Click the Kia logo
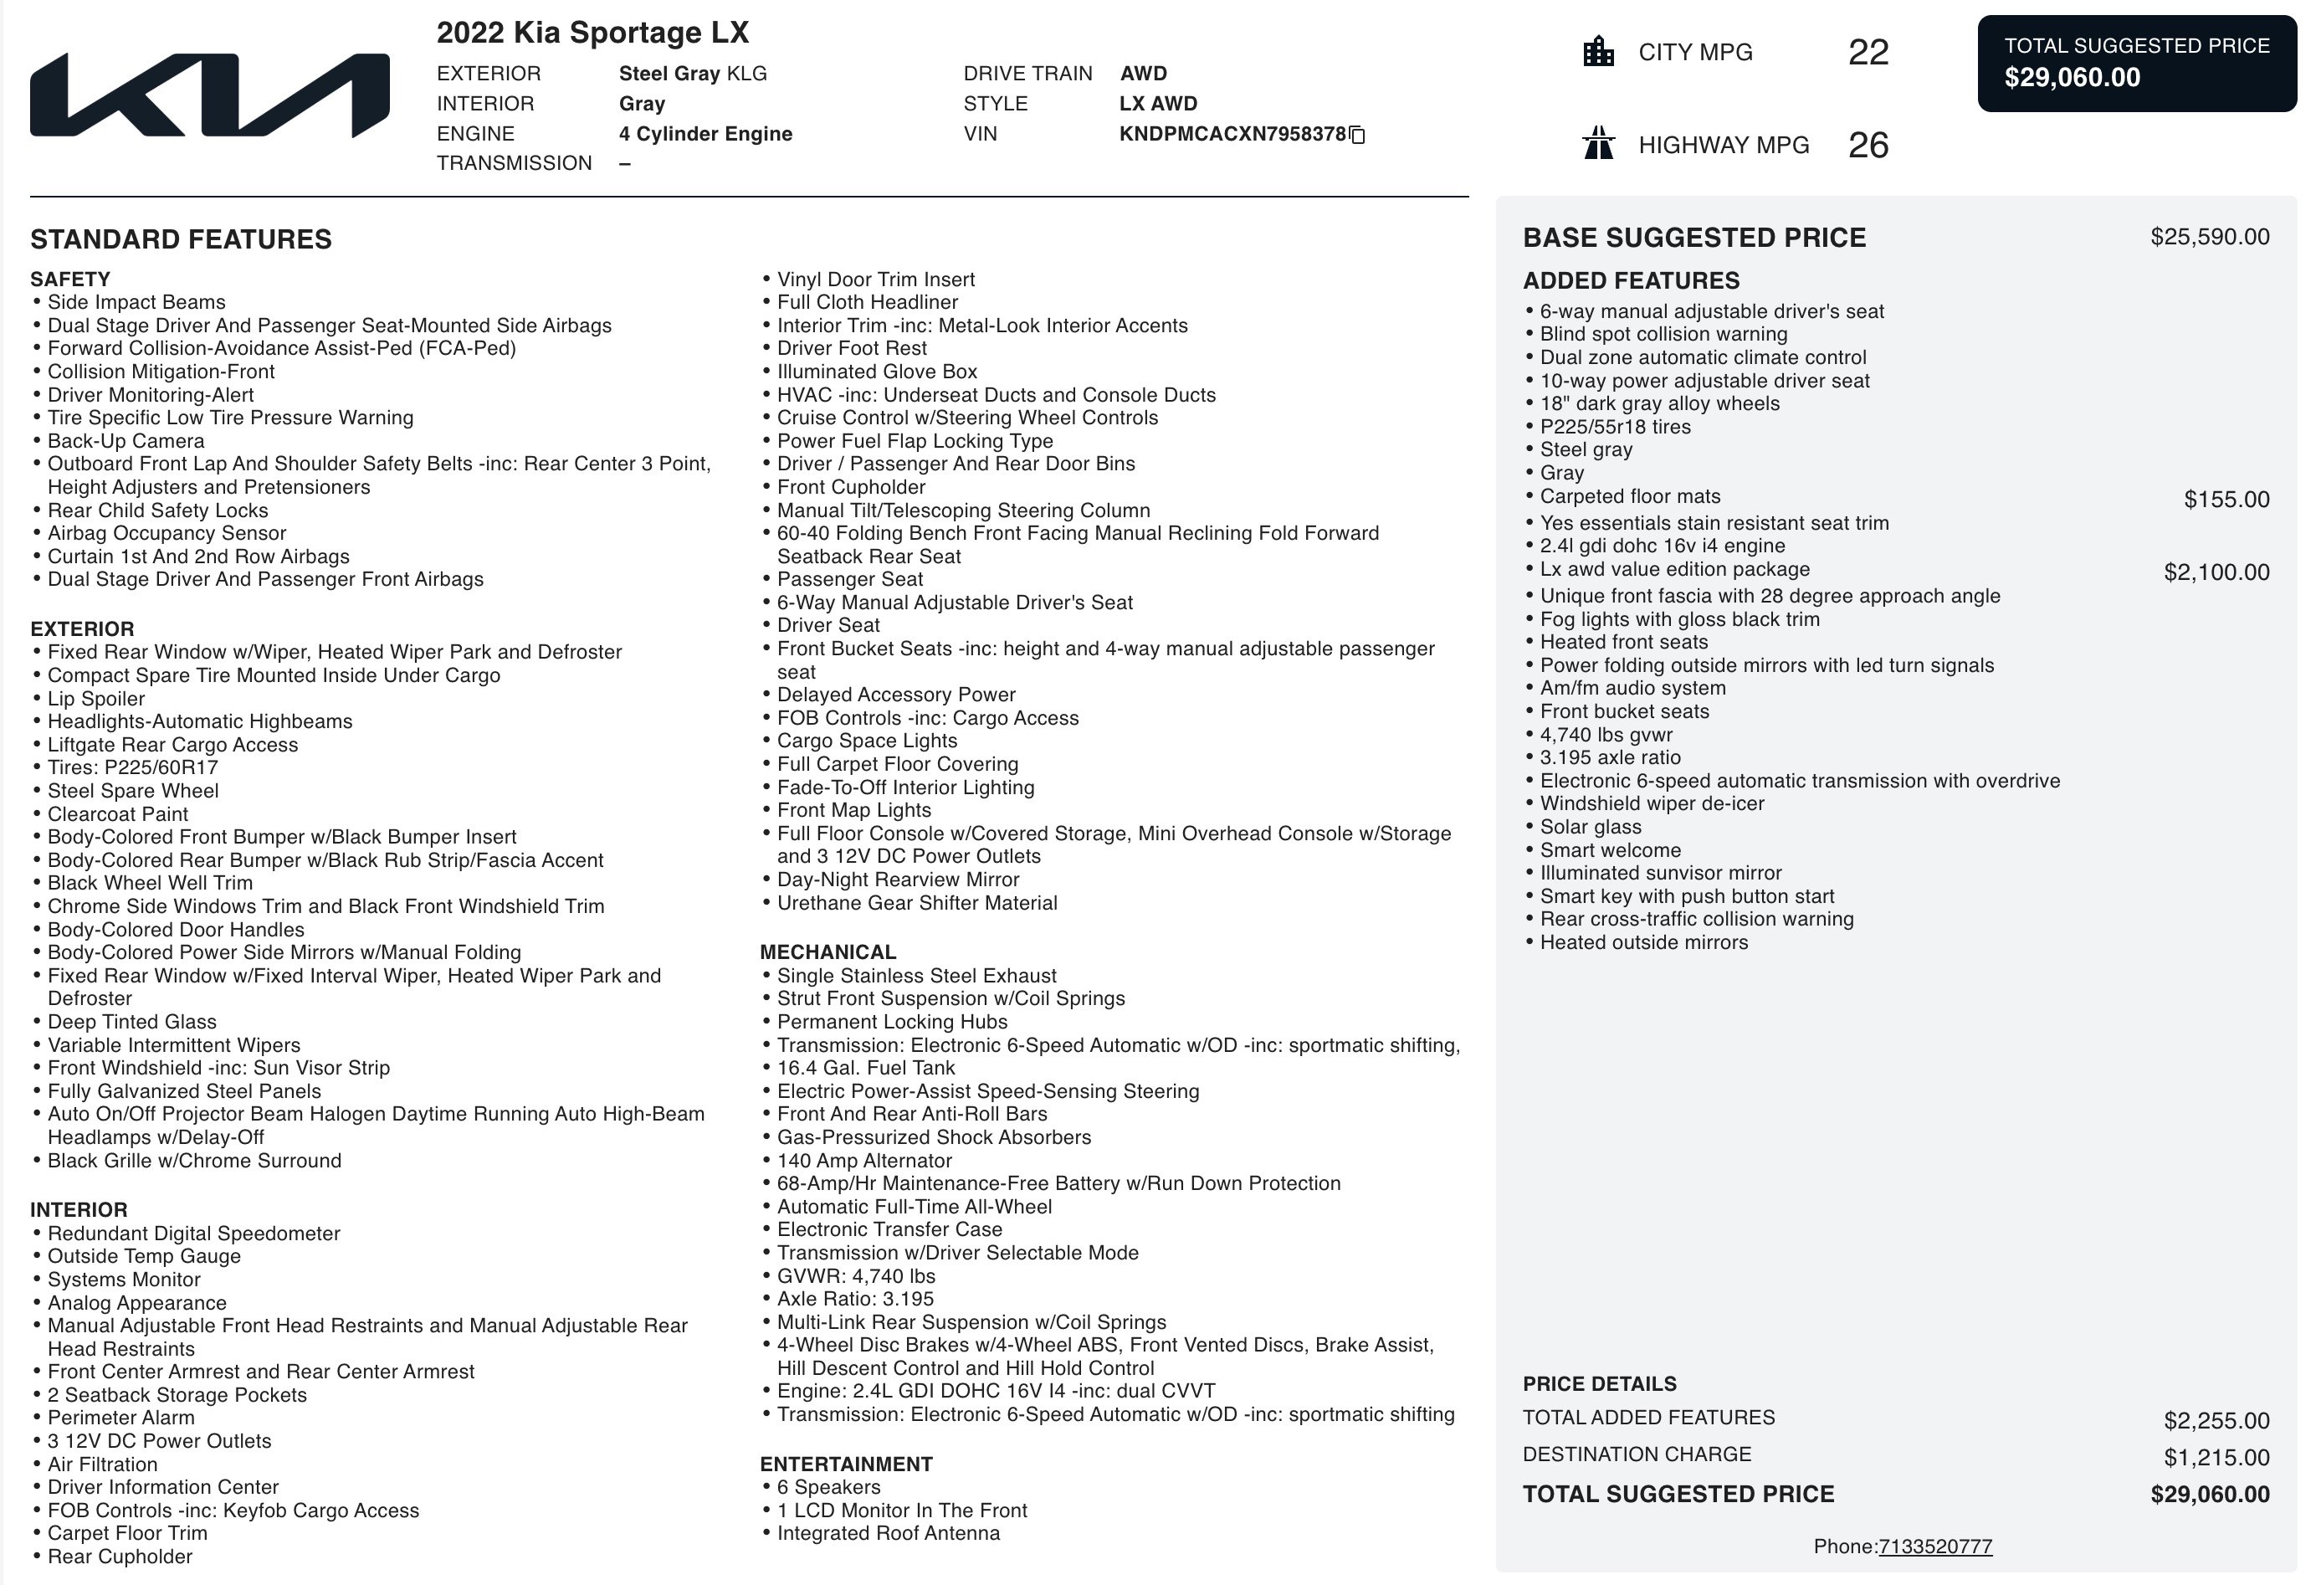tap(209, 95)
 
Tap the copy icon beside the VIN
tap(1356, 135)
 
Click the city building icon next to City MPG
tap(1598, 52)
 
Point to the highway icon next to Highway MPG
tap(1598, 144)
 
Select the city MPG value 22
tap(1868, 53)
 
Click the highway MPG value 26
tap(1868, 146)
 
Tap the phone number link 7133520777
tap(1934, 1547)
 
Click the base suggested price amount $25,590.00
tap(2210, 238)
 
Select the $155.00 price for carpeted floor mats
tap(2226, 500)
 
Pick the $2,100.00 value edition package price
tap(2216, 572)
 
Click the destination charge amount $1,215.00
tap(2216, 1458)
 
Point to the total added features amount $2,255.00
tap(2216, 1420)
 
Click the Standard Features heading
tap(181, 239)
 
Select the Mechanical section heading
tap(828, 952)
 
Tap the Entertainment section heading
tap(845, 1464)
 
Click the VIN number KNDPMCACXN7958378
tap(1232, 134)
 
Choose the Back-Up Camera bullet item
tap(126, 441)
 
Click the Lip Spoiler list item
tap(95, 699)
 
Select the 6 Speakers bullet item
tap(828, 1487)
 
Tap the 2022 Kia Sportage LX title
tap(592, 33)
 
